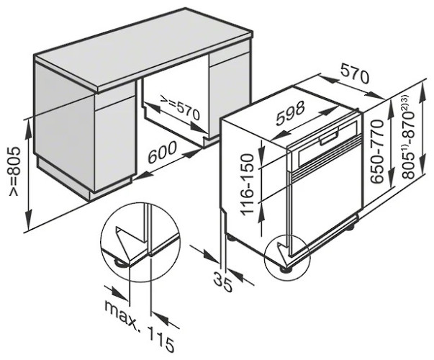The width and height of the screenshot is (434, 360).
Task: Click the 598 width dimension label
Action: click(290, 113)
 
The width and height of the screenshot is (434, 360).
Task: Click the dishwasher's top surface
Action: click(288, 108)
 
